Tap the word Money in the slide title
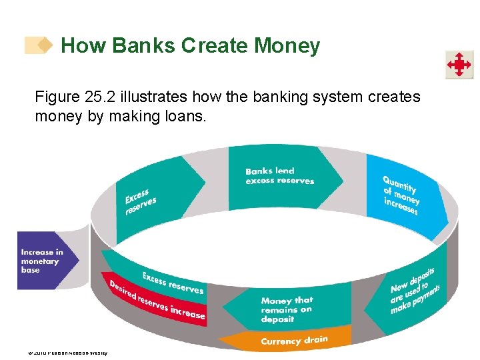[x=287, y=46]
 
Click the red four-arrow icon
[x=459, y=65]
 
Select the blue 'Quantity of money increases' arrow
[x=402, y=195]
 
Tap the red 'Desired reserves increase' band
[x=157, y=299]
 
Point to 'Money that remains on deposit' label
[x=287, y=310]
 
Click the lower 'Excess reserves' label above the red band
[x=173, y=283]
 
